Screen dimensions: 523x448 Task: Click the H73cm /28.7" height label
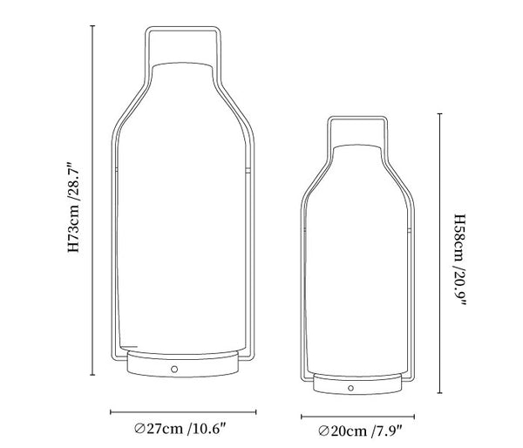coord(74,207)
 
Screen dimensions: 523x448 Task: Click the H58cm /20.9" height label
coord(460,260)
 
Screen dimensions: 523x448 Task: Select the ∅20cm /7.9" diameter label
coord(360,431)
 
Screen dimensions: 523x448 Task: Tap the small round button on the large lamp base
coord(174,370)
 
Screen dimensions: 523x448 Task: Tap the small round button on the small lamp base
coord(350,388)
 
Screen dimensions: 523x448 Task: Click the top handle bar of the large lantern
coord(183,29)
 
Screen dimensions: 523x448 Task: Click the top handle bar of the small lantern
coord(357,118)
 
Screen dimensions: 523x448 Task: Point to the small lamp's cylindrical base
coord(357,384)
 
